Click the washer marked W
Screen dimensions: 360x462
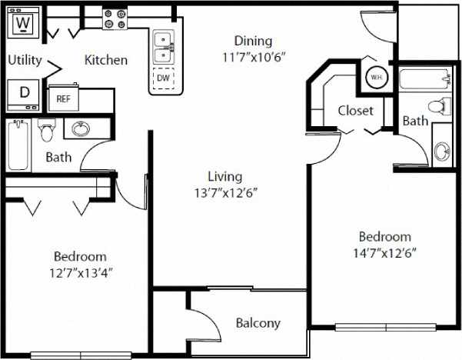click(23, 23)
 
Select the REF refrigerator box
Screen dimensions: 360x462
click(62, 98)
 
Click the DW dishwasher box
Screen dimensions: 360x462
click(163, 78)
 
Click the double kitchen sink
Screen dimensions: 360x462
click(163, 48)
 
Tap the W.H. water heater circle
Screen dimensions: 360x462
click(377, 78)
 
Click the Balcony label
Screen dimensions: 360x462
click(258, 323)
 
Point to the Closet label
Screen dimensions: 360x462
click(356, 111)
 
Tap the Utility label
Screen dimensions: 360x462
click(25, 59)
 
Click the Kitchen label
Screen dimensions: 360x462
click(106, 59)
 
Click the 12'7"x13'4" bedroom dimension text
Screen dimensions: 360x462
click(80, 272)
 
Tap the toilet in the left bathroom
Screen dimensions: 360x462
click(45, 132)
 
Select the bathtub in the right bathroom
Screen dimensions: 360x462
click(424, 78)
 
